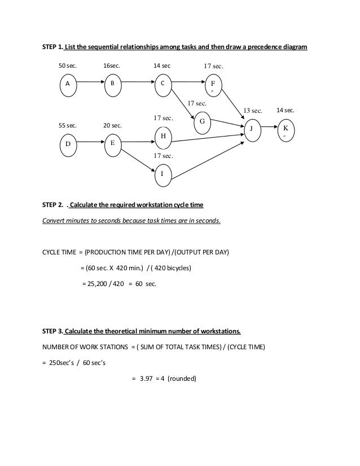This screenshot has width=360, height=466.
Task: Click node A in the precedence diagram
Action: tap(68, 83)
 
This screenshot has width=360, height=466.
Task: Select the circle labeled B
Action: tap(112, 83)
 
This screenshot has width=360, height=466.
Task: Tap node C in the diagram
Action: tap(163, 83)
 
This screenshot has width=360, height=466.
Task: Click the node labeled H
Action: tap(163, 136)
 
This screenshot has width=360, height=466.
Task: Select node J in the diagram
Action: tap(251, 128)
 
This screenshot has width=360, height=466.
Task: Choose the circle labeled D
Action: tap(68, 144)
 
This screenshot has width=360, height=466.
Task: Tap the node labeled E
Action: tap(112, 143)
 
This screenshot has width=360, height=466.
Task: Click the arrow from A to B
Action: tap(90, 83)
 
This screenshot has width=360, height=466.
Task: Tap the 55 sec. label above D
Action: tap(68, 126)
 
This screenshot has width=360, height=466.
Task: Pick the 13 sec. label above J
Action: tap(253, 111)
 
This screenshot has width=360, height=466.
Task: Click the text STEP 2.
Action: tap(52, 204)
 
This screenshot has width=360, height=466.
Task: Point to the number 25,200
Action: tap(97, 283)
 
